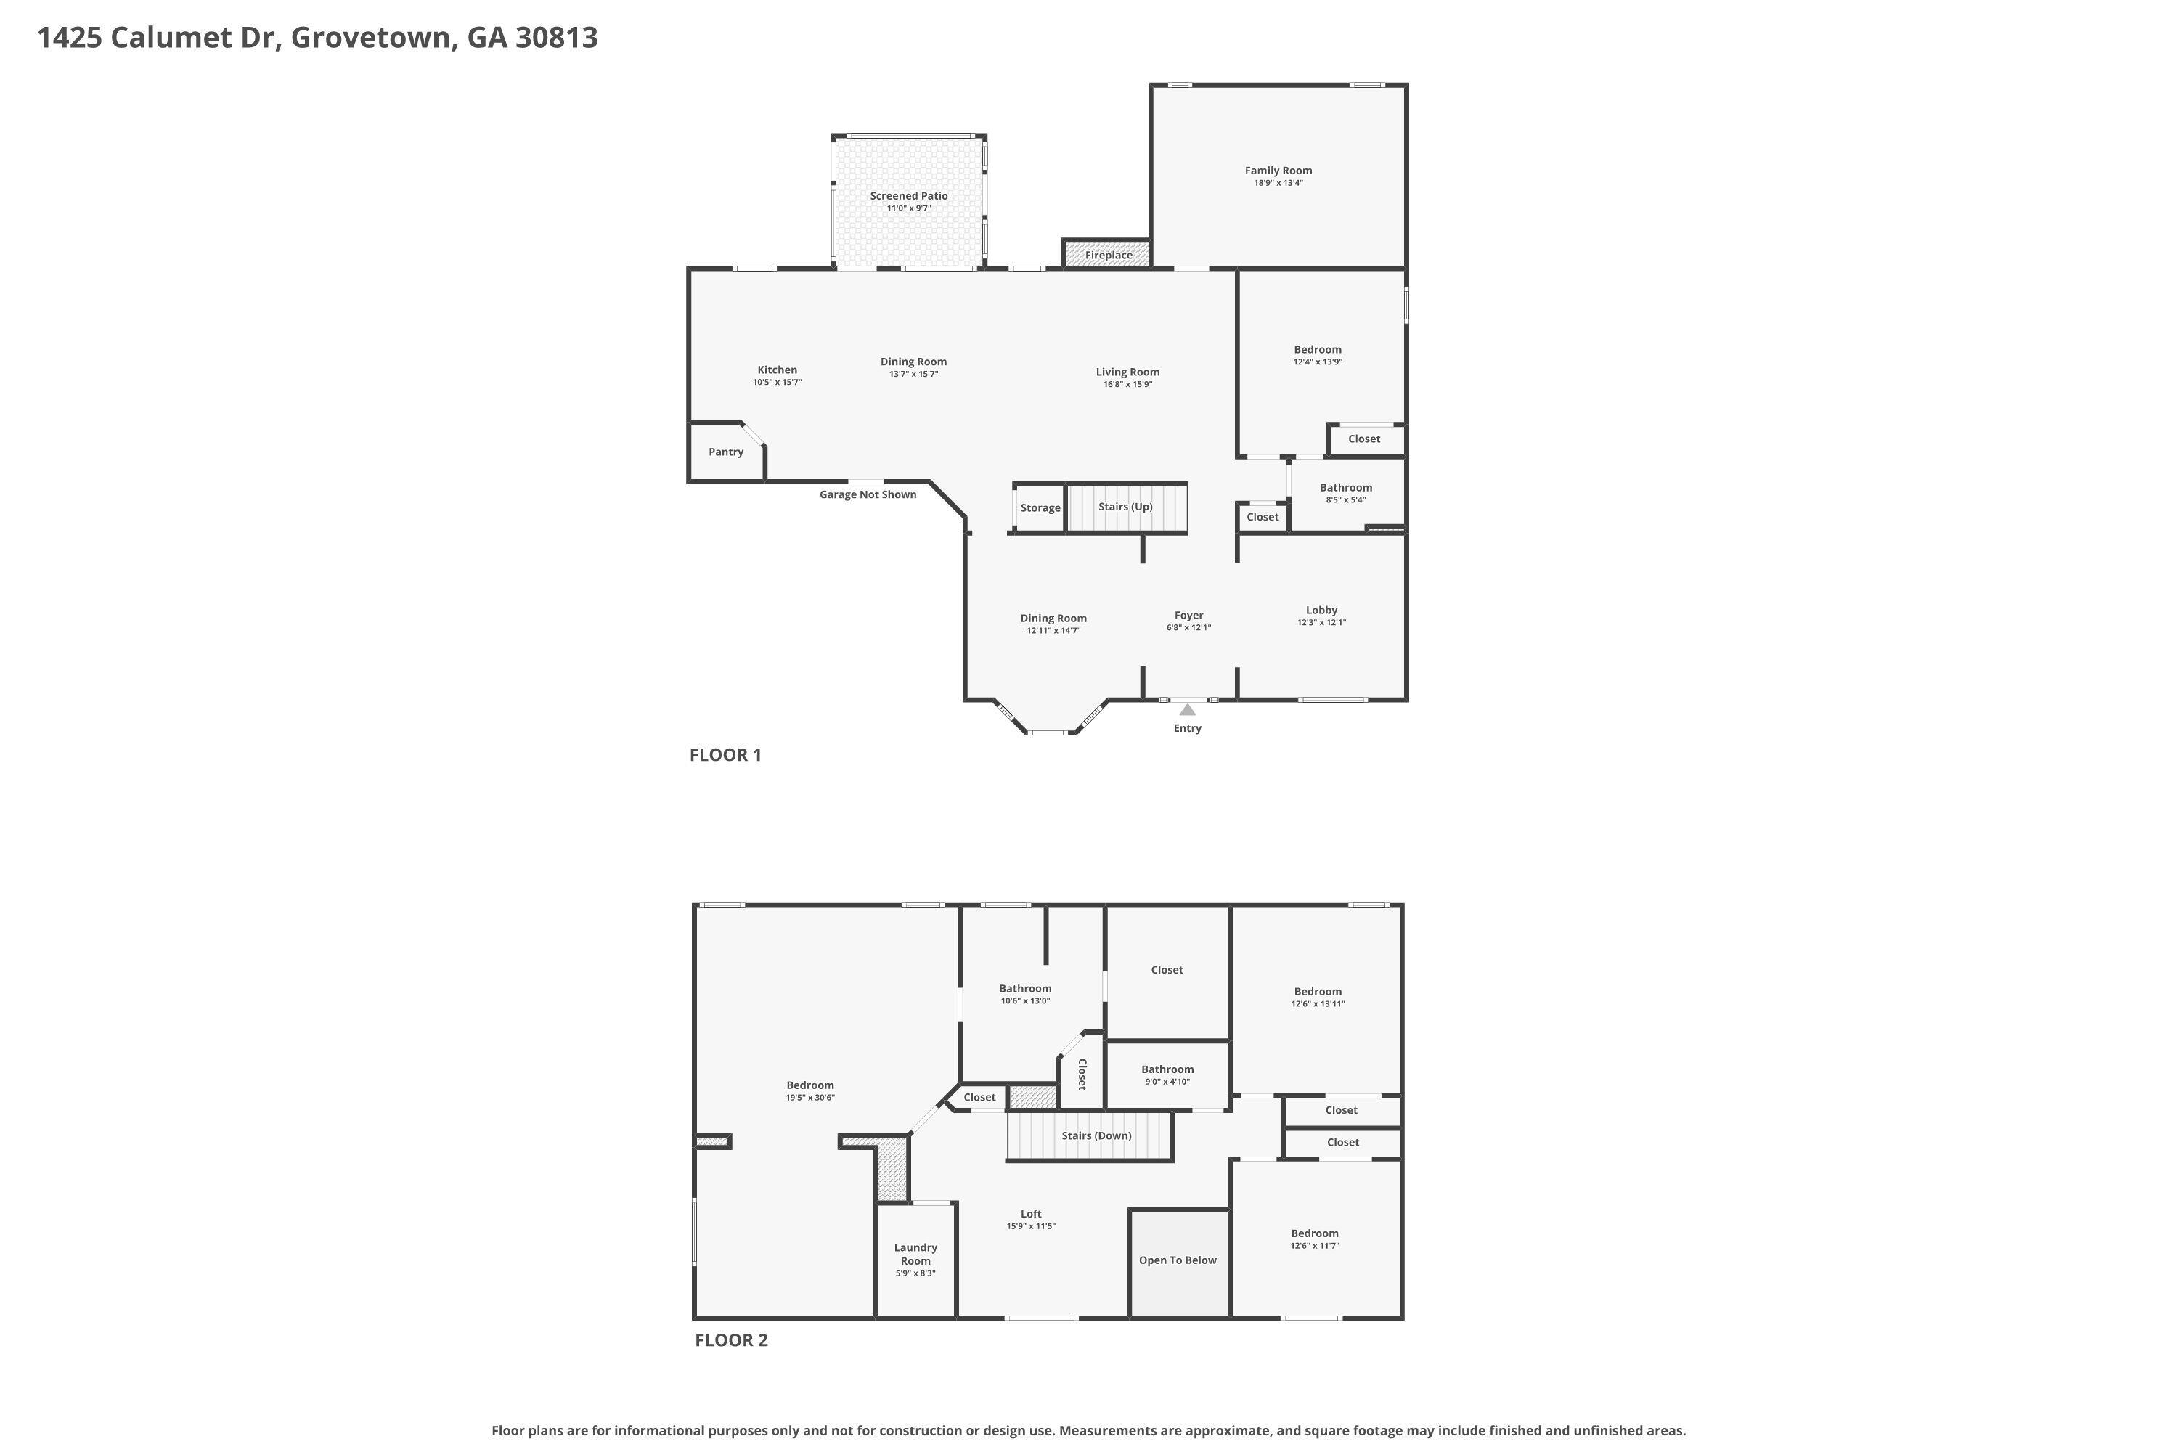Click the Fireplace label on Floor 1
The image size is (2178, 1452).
[1109, 256]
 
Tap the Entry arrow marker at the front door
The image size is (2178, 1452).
[1187, 709]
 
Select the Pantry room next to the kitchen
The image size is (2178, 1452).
[727, 452]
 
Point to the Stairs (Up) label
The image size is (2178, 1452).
[1125, 507]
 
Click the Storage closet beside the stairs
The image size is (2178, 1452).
[1040, 507]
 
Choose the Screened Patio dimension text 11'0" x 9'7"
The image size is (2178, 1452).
[908, 208]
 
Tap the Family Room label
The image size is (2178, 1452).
[1278, 171]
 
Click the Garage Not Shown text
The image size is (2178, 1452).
[868, 494]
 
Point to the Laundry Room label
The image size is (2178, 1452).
[915, 1254]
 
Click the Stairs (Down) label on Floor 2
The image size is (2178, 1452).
[1096, 1135]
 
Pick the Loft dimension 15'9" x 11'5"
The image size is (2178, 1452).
[1031, 1226]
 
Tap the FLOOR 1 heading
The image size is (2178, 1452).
[725, 755]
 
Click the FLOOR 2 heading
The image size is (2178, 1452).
[732, 1340]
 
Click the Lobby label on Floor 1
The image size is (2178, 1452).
[1321, 611]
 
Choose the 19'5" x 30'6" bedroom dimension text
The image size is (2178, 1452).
[810, 1097]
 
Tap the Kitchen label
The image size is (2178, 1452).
[777, 370]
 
